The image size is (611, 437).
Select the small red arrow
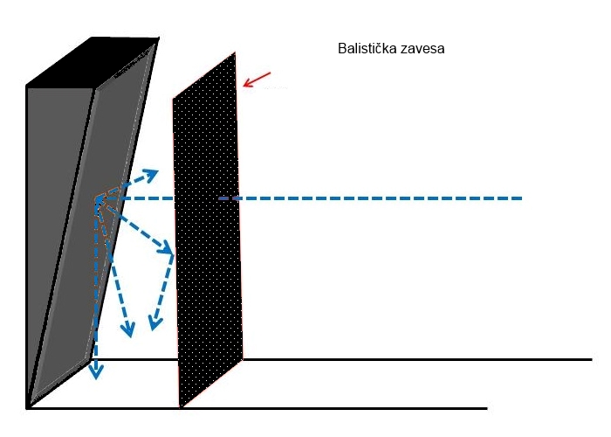[257, 80]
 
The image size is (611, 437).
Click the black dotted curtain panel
[208, 230]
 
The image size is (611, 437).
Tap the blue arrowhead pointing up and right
[151, 175]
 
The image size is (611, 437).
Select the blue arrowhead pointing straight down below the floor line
[96, 371]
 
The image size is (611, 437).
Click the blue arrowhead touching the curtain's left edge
[167, 247]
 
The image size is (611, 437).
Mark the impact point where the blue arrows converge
[98, 200]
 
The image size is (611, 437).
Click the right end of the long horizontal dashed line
[522, 198]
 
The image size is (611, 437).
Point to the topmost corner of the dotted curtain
[235, 52]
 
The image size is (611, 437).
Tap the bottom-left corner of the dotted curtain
[181, 407]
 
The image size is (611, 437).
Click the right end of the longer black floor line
[593, 359]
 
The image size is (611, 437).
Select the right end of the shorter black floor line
[487, 408]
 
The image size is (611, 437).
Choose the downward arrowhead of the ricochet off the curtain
[154, 323]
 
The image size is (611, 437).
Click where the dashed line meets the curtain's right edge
[238, 198]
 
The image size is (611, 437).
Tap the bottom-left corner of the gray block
[27, 408]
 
